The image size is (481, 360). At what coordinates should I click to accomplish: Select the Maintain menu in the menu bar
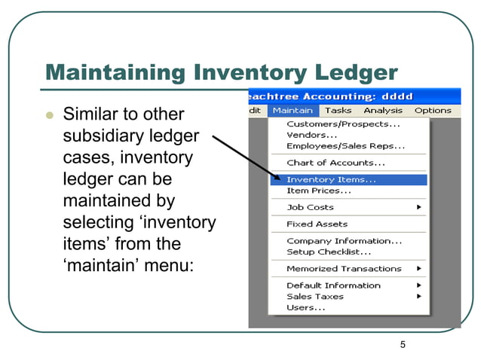point(293,111)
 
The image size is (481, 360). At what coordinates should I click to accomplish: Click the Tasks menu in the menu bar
point(338,111)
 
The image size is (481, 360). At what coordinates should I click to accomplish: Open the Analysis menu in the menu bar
point(383,111)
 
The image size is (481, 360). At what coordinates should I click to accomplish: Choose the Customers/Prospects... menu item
point(343,124)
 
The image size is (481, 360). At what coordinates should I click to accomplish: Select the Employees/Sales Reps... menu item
point(345,146)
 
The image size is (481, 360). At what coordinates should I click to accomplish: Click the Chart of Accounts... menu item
point(335,163)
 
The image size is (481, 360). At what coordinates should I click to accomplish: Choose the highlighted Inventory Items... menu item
point(331,180)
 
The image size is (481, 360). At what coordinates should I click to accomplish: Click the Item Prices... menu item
point(318,191)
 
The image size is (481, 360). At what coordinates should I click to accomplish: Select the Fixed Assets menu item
point(317,224)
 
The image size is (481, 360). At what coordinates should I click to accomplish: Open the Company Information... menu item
point(344,241)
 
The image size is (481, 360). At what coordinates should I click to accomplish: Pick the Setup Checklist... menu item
point(328,252)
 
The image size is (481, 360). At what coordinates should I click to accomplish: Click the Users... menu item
point(306,307)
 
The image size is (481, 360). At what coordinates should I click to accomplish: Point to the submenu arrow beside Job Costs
point(418,207)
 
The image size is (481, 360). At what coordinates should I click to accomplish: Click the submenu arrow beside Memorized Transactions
point(418,269)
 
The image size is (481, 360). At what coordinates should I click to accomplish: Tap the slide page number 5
point(403,345)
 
